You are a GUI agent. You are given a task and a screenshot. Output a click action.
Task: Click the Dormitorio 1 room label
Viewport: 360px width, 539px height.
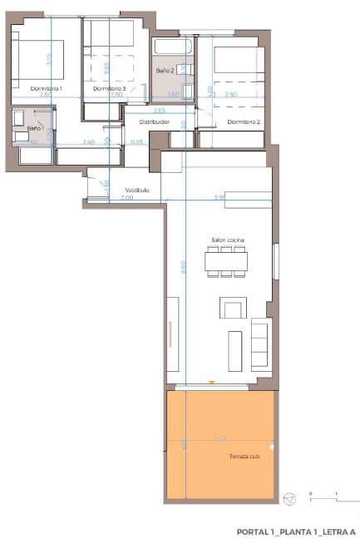[x=47, y=88]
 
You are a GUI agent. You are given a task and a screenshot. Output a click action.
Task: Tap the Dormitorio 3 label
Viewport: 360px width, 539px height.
[x=109, y=88]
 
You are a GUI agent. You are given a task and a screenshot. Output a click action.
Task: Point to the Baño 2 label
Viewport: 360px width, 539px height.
[x=165, y=72]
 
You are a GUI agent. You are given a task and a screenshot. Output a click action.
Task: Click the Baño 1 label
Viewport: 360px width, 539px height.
[x=34, y=128]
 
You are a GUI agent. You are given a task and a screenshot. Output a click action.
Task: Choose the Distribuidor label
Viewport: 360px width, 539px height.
[x=154, y=122]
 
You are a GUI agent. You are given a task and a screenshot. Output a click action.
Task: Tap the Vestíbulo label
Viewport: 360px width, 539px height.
[x=136, y=190]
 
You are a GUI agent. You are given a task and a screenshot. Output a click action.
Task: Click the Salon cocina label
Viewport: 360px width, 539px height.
[x=226, y=241]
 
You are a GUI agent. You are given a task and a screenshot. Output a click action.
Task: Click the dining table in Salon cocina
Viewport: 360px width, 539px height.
[x=226, y=261]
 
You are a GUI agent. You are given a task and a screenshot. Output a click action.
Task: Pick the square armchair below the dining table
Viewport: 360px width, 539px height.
[x=232, y=308]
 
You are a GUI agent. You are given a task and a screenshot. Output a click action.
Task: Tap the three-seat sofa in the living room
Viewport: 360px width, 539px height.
[x=259, y=345]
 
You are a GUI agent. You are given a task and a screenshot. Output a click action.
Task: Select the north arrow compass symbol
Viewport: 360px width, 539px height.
[x=289, y=500]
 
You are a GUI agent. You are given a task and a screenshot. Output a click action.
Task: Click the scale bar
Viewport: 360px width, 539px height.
[x=323, y=497]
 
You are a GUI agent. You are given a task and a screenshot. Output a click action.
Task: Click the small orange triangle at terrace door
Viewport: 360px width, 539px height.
[x=213, y=383]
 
